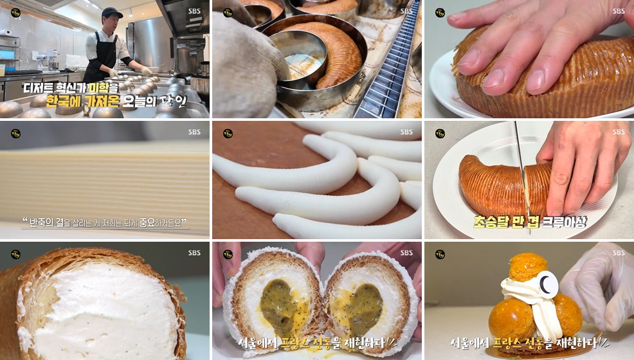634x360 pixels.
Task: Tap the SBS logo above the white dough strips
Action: click(406, 132)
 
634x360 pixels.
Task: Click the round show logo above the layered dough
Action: click(16, 133)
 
